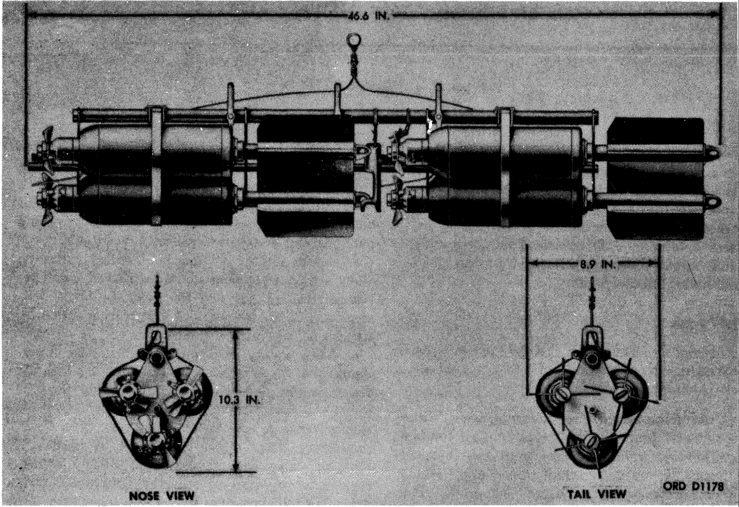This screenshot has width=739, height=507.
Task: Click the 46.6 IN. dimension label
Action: pos(368,16)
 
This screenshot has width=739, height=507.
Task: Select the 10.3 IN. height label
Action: pos(239,400)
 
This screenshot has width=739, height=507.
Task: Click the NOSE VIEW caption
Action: pos(162,495)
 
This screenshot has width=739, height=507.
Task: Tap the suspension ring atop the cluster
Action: pos(354,41)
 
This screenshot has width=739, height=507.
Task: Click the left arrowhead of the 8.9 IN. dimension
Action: pos(532,264)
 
